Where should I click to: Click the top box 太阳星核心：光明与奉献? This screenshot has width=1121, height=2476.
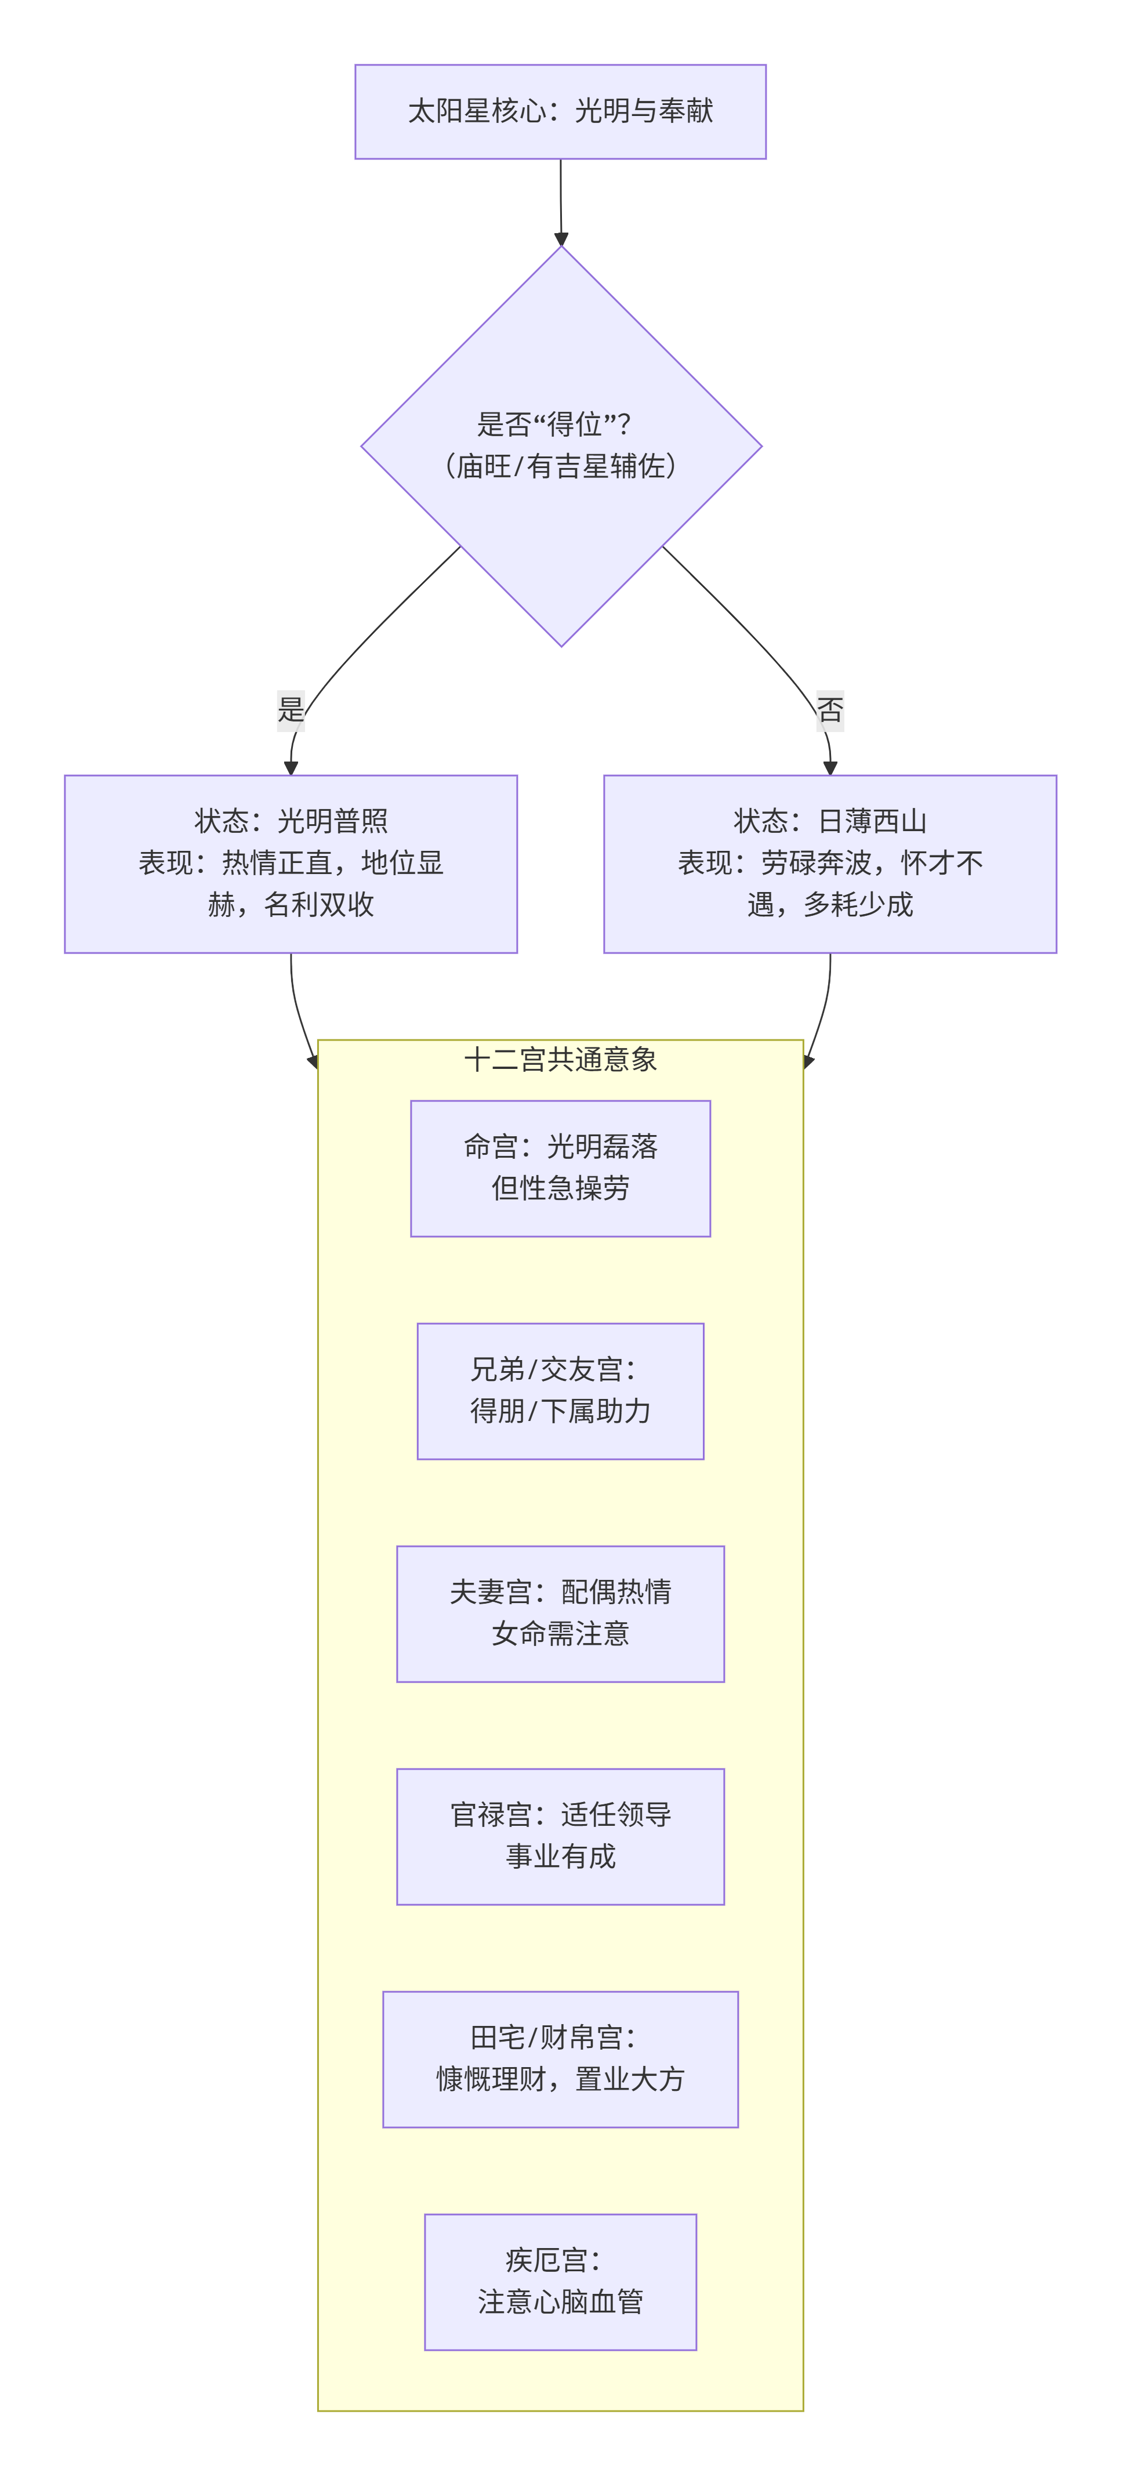click(x=560, y=111)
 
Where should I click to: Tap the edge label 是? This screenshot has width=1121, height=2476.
click(x=291, y=710)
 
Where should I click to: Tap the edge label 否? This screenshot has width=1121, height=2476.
click(x=830, y=710)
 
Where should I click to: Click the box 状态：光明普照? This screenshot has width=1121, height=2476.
click(x=291, y=863)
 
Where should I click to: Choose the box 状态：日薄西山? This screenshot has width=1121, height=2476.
click(x=830, y=863)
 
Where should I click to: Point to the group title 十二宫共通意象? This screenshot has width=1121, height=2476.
click(x=560, y=1059)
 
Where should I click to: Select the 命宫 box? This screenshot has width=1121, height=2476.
click(x=560, y=1168)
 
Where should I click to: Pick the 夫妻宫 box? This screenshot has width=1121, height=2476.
click(x=560, y=1613)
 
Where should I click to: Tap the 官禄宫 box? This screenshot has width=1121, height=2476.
click(x=560, y=1836)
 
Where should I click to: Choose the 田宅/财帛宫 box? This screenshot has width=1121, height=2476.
click(x=560, y=2059)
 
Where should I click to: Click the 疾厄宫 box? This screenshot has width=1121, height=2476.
click(x=560, y=2281)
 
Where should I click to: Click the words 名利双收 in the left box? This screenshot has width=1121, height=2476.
click(x=318, y=904)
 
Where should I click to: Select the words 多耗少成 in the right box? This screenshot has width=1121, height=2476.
click(x=858, y=904)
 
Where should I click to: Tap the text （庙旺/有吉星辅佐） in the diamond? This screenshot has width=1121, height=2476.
click(x=560, y=466)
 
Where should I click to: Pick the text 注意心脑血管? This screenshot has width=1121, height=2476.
click(x=560, y=2302)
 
